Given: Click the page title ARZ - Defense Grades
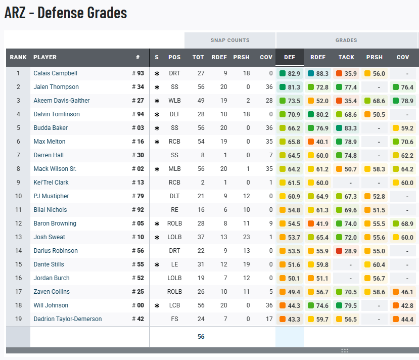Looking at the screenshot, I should tap(66, 13).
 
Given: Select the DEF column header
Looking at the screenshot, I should tap(290, 57).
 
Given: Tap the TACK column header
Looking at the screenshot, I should tap(346, 57).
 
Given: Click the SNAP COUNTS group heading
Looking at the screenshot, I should tap(230, 40).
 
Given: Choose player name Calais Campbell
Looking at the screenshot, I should tap(55, 73).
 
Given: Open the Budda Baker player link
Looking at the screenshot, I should tap(51, 128).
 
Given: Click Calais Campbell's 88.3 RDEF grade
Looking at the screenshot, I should tap(318, 73).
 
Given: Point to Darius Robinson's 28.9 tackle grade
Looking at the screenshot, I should tap(347, 251).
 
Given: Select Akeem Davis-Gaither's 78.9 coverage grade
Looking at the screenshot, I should tap(403, 101).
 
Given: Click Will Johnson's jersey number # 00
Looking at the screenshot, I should tap(138, 305).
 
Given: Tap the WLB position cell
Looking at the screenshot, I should tap(174, 101).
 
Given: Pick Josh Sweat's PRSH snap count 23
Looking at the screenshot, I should tap(241, 237).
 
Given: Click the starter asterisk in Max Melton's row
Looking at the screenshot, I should tap(157, 142).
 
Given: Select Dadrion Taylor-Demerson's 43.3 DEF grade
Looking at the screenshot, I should tap(290, 319).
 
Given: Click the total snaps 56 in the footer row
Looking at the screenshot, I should tap(201, 337).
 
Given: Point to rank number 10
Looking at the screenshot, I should tap(18, 196).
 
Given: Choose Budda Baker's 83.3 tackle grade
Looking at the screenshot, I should tap(347, 128).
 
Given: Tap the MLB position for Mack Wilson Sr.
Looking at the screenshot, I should tap(174, 169).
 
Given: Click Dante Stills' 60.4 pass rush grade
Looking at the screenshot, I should tap(375, 264).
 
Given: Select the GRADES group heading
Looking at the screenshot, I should tap(346, 40).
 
